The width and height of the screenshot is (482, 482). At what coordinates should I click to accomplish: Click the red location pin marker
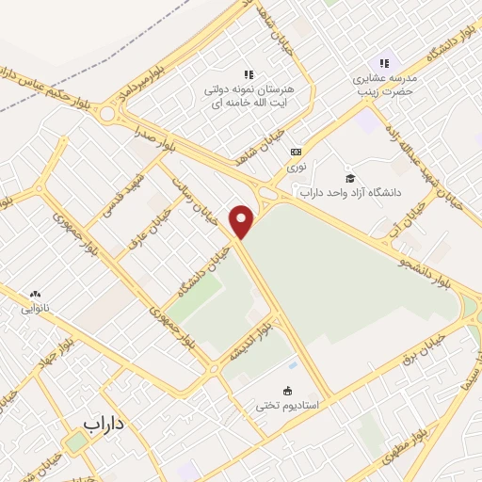click(243, 221)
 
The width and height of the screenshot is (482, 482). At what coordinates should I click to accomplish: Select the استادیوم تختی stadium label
click(287, 406)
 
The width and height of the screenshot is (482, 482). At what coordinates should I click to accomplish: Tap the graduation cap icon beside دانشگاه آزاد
click(349, 178)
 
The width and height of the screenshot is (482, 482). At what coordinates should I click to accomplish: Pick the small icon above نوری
click(296, 151)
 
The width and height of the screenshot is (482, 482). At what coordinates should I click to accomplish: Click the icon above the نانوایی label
click(36, 293)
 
